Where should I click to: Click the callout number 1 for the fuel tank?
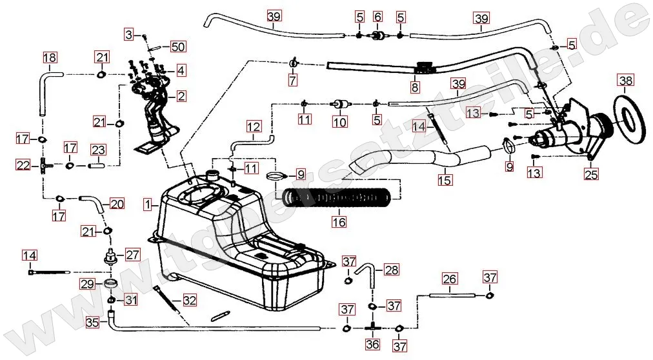coord(148,205)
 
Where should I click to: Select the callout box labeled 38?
coord(626,81)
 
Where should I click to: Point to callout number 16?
coord(339,222)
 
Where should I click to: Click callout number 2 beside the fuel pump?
coord(181,97)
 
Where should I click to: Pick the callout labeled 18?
coord(50,58)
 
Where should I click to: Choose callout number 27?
coord(132,255)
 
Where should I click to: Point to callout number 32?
coord(189,300)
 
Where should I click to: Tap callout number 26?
coord(450,279)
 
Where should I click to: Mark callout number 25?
coord(591,173)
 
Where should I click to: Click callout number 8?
coord(415,86)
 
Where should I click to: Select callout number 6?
coord(378,16)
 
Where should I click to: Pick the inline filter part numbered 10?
coord(339,103)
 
